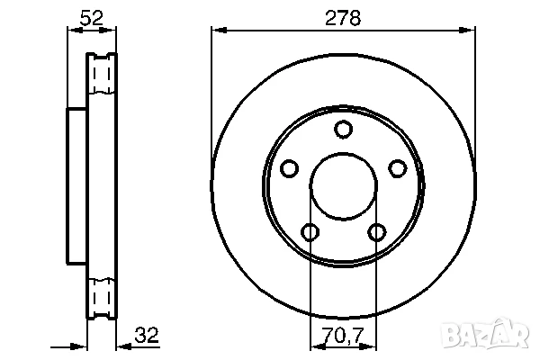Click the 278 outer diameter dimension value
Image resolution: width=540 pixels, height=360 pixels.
tap(342, 17)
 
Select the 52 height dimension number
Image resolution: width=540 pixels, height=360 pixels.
tap(90, 17)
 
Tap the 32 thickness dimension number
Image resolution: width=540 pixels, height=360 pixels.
tap(146, 336)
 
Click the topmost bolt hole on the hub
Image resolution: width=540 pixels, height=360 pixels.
tap(342, 130)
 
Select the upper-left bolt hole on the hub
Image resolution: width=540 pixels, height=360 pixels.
tap(289, 168)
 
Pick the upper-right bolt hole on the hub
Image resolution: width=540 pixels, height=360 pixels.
tap(395, 168)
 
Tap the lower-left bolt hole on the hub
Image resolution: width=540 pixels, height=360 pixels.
tap(310, 232)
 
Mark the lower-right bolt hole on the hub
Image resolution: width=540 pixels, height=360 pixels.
tap(375, 232)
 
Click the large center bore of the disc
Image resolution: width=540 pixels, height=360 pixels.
tap(342, 186)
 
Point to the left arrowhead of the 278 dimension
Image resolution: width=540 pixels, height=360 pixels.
tap(217, 31)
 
